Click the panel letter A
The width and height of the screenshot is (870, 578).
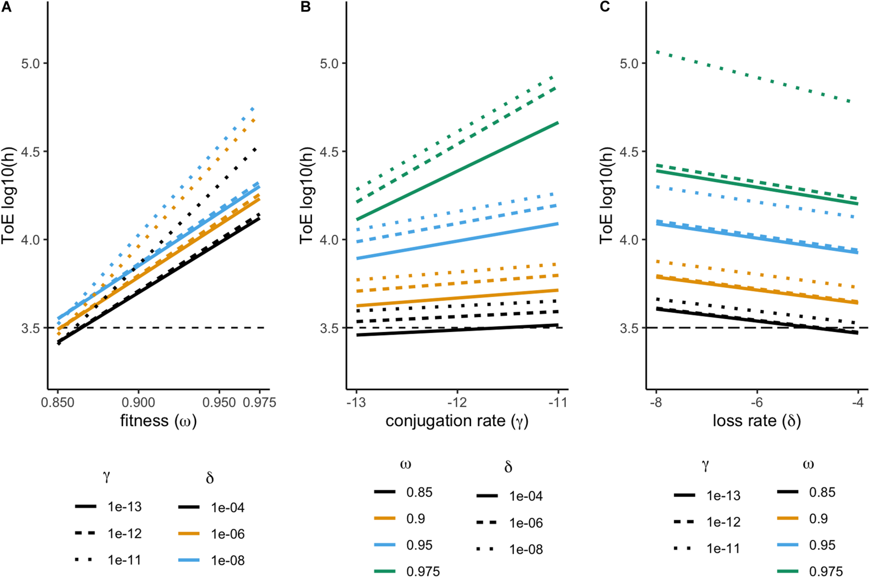coord(6,7)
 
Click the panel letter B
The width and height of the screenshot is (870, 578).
coord(305,7)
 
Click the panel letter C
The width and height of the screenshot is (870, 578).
coord(605,7)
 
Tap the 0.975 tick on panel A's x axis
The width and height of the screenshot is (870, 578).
coord(260,402)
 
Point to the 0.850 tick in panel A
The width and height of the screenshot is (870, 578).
coord(58,402)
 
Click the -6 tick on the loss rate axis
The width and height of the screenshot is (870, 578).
coord(757,402)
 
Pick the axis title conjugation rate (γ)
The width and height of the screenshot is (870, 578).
coord(457,420)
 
